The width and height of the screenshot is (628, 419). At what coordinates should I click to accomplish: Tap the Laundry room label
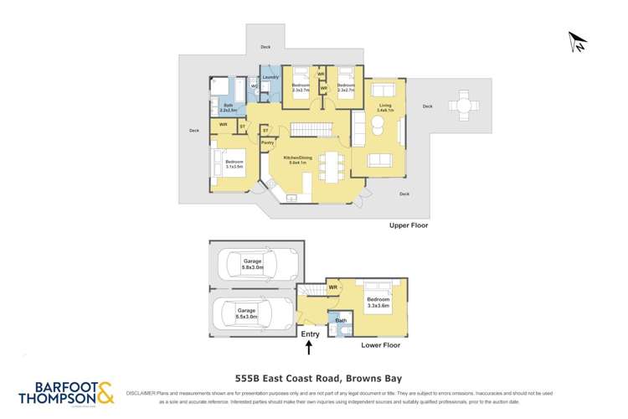click(x=270, y=77)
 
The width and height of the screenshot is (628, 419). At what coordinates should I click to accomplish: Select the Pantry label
click(x=267, y=143)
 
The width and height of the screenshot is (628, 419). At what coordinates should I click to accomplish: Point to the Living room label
click(x=384, y=106)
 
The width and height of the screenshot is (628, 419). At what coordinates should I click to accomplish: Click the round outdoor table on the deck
click(x=463, y=106)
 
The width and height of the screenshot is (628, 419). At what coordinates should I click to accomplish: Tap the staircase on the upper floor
click(x=311, y=130)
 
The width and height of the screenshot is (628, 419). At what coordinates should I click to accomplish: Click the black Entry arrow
click(x=309, y=347)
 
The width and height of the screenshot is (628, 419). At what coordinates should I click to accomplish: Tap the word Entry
click(x=310, y=334)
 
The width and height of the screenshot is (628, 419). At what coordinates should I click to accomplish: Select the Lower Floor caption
click(x=380, y=344)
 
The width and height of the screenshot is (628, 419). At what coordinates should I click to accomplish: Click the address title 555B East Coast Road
click(x=314, y=377)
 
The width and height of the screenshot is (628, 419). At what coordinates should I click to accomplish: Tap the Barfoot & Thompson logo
click(x=66, y=395)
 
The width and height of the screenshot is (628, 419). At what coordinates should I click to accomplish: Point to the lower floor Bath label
click(x=341, y=320)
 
